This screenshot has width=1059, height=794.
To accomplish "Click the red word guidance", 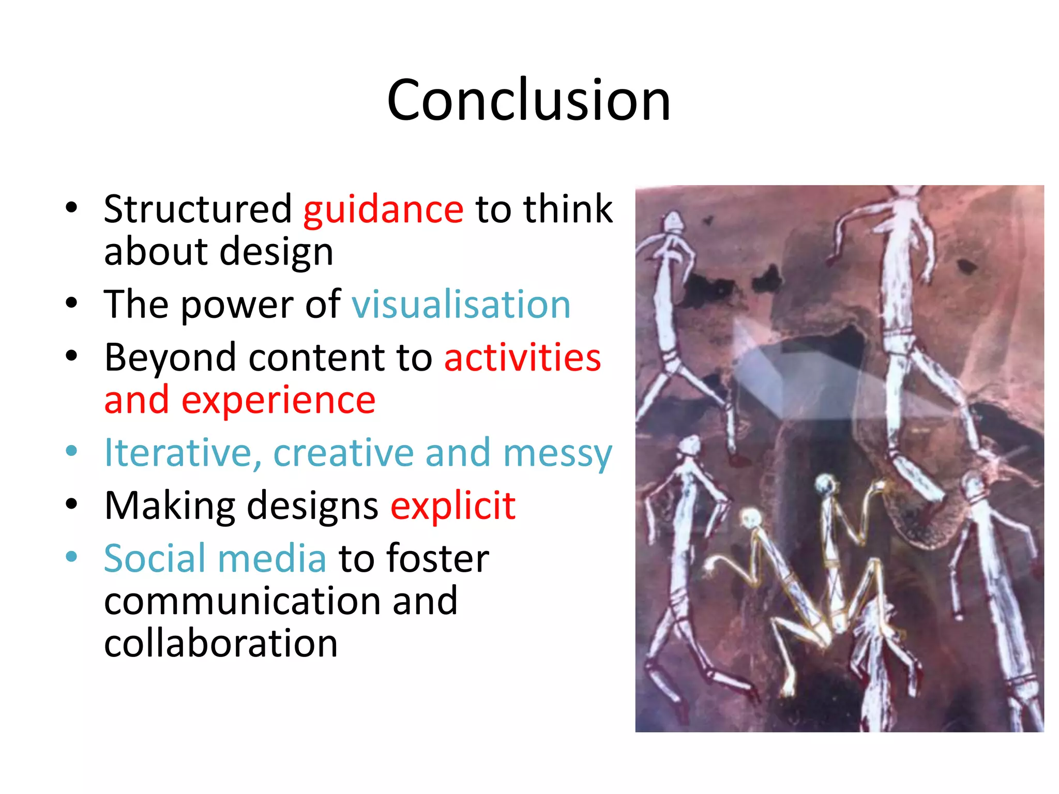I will pyautogui.click(x=383, y=209).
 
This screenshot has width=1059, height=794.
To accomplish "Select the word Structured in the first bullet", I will pyautogui.click(x=198, y=209).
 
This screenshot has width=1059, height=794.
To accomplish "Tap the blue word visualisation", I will pyautogui.click(x=461, y=304).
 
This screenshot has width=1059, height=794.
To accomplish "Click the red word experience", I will pyautogui.click(x=278, y=401).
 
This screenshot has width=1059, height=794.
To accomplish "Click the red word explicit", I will pyautogui.click(x=453, y=506).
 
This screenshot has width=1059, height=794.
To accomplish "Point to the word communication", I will pyautogui.click(x=243, y=601).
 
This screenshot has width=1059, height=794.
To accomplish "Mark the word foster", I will pyautogui.click(x=437, y=558).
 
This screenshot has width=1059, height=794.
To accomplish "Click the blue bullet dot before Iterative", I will pyautogui.click(x=71, y=451).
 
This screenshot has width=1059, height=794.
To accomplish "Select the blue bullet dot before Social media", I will pyautogui.click(x=71, y=557).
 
